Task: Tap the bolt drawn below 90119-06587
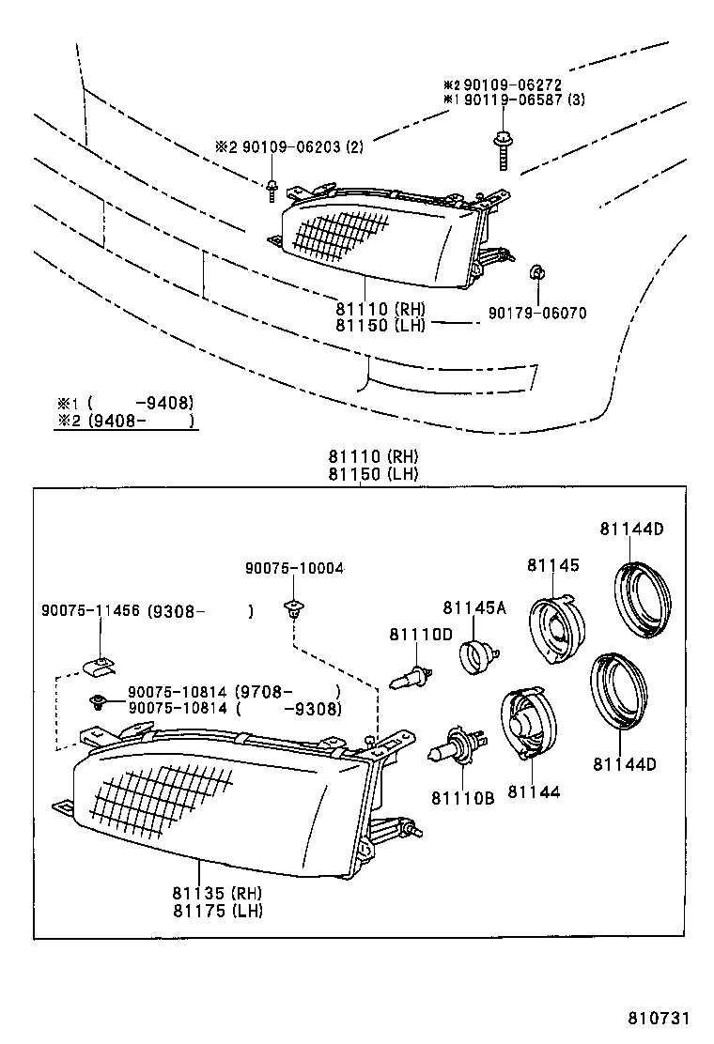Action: coord(502,150)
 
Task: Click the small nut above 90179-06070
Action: coord(535,274)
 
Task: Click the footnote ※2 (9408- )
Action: coord(126,422)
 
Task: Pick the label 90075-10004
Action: coord(294,568)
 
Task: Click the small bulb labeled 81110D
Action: coord(411,676)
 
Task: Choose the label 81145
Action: coord(552,565)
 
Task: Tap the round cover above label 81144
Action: coord(527,723)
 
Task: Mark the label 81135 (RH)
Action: coord(217,893)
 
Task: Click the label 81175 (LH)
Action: coord(217,910)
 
